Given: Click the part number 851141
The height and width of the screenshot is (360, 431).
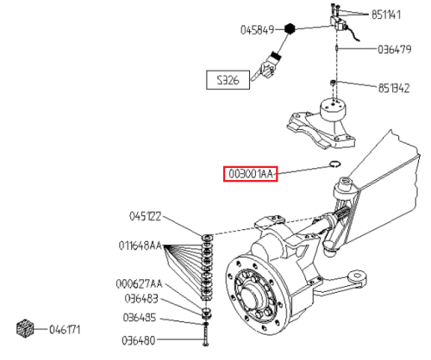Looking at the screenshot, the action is coord(386,15).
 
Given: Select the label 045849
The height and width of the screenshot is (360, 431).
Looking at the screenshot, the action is coord(258,30).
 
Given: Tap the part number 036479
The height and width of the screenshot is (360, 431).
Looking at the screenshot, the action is coord(394,49).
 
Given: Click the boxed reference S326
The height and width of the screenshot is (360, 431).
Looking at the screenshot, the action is coord(228,80).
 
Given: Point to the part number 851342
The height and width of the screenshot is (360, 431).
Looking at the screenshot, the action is coord(394,88).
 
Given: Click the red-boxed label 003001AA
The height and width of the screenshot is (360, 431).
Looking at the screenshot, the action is coord(251,174).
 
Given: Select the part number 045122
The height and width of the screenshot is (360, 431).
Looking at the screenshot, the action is coord(145,216).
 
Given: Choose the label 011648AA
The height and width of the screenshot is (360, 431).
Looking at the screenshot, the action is coord(141,245).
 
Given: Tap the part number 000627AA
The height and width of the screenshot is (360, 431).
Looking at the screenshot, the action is coord(139,284).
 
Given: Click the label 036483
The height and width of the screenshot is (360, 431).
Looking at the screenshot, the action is coord(141,299).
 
